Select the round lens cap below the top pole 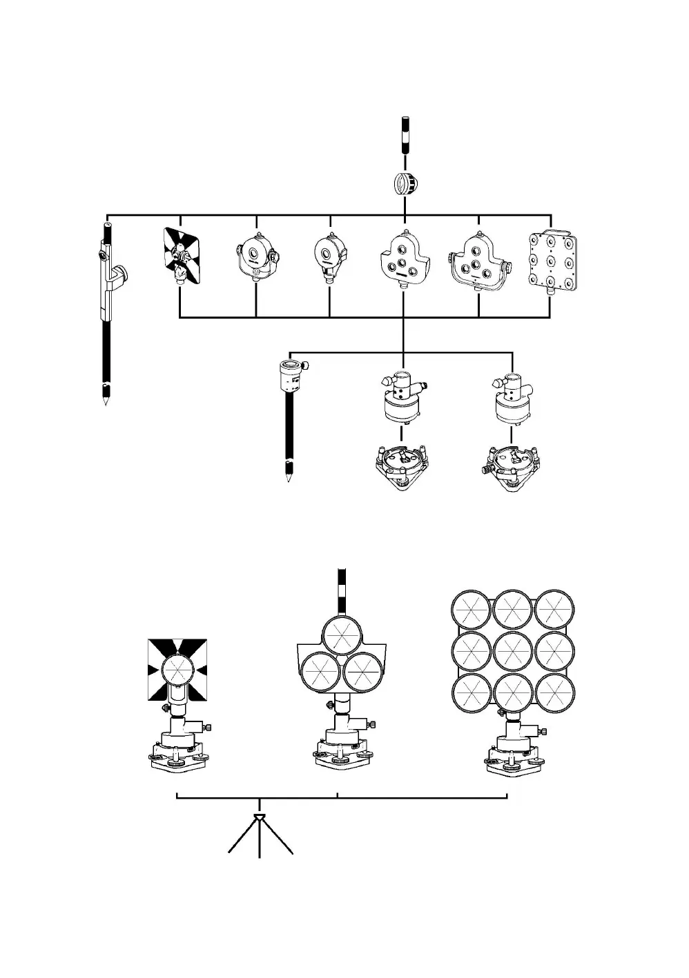pyautogui.click(x=404, y=184)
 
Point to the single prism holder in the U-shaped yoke pyautogui.click(x=256, y=260)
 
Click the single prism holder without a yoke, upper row pyautogui.click(x=329, y=255)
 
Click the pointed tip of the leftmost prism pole pyautogui.click(x=105, y=398)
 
